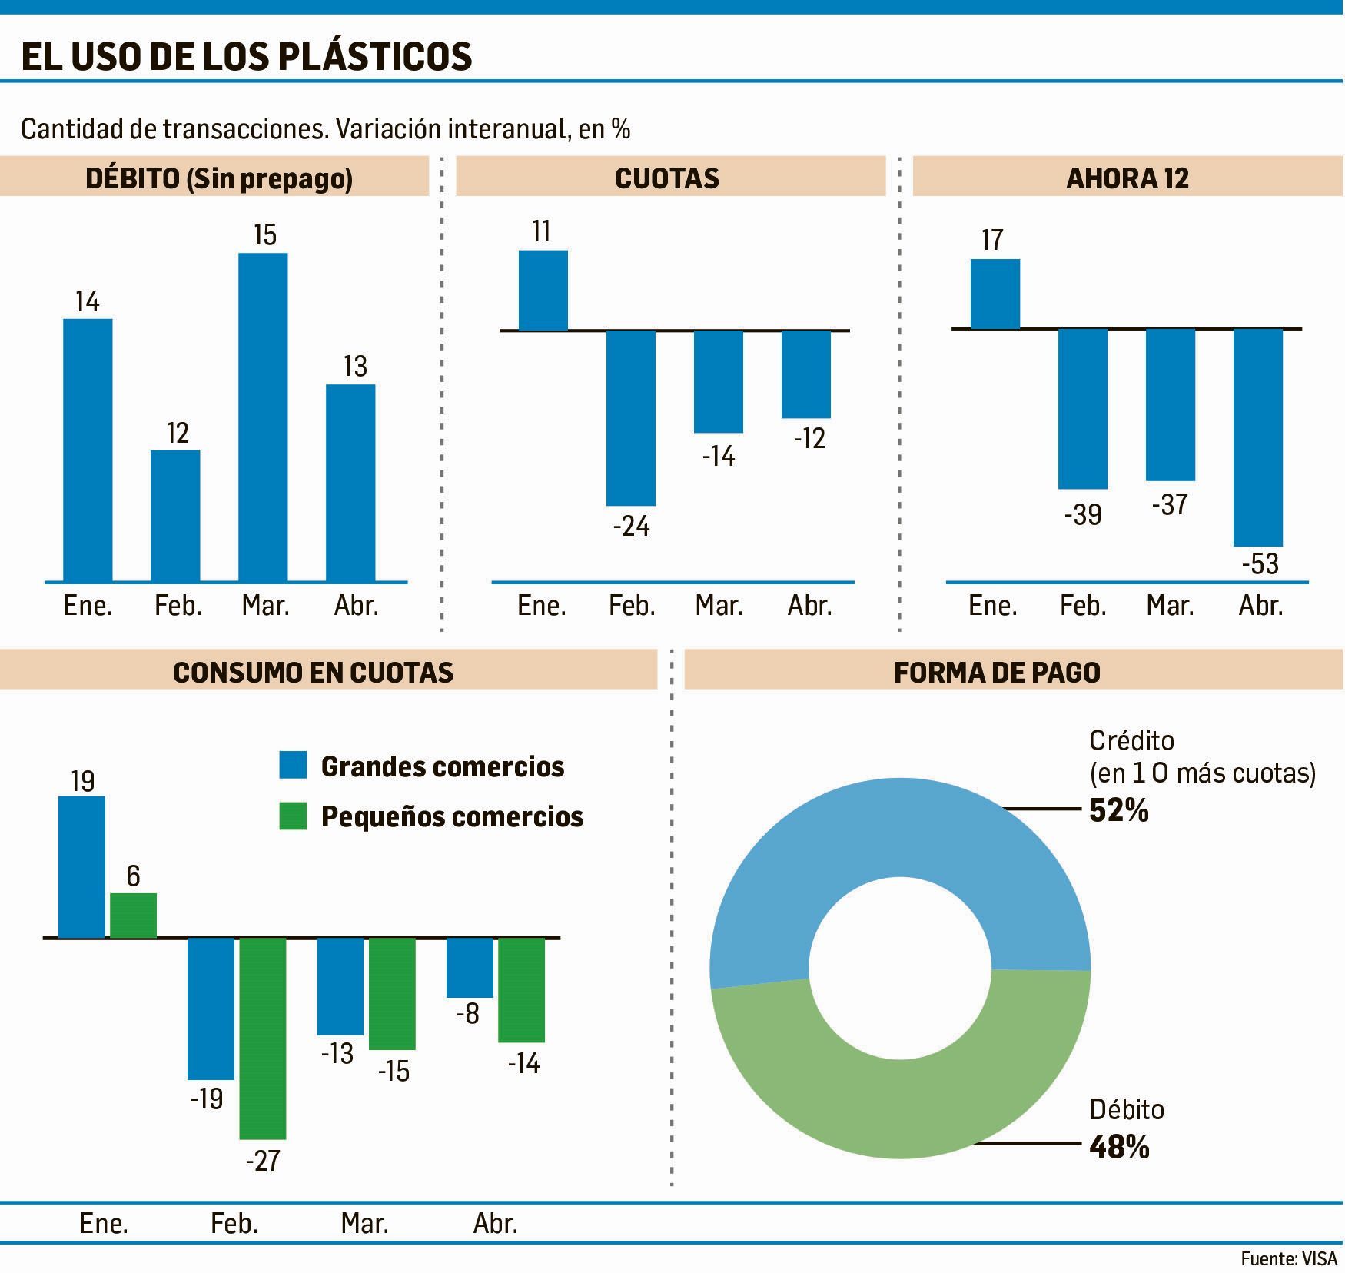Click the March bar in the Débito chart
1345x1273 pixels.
click(263, 417)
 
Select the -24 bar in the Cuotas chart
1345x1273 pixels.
click(631, 417)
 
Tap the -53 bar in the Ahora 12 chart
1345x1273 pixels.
click(1258, 437)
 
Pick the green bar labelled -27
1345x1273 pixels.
click(263, 1038)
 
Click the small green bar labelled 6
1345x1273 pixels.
click(133, 915)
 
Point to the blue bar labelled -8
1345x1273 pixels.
click(470, 967)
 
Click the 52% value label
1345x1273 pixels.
click(1118, 811)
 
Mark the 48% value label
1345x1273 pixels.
click(1119, 1148)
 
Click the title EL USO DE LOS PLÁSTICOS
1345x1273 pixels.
click(247, 56)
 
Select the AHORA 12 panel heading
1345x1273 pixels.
click(1127, 178)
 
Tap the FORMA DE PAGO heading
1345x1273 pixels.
click(997, 673)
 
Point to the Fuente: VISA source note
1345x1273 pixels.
click(1288, 1258)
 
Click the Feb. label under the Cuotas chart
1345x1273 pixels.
click(632, 606)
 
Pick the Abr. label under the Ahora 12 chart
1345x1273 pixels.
click(1260, 606)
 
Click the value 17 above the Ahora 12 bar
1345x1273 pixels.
click(992, 240)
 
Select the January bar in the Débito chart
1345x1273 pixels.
click(88, 450)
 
